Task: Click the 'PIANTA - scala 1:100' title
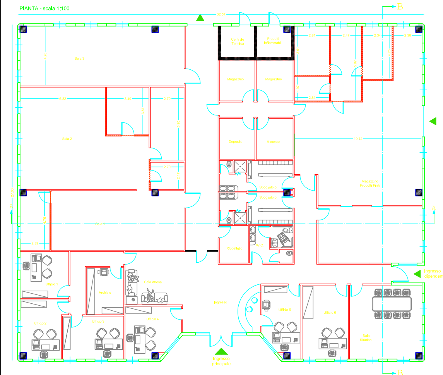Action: click(44, 8)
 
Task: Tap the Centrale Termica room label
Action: click(238, 41)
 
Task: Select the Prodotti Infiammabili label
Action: click(273, 41)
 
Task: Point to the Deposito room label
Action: click(235, 142)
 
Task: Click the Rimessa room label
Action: click(273, 142)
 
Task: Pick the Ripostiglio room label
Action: click(234, 248)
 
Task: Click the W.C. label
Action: click(260, 245)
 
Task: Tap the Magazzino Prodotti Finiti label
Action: click(370, 183)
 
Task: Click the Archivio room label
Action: click(104, 292)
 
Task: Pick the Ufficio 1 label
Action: click(51, 284)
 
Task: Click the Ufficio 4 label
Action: click(152, 319)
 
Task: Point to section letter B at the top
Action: click(400, 6)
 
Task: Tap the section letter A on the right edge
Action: click(433, 208)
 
